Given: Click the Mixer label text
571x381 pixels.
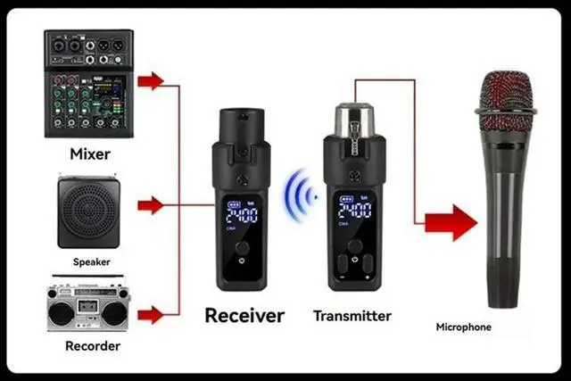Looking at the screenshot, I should pyautogui.click(x=90, y=153).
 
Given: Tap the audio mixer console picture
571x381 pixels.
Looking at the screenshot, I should pyautogui.click(x=88, y=83).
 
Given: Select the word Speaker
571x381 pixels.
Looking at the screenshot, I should pyautogui.click(x=92, y=263).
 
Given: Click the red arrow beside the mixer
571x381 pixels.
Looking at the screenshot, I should pyautogui.click(x=152, y=81).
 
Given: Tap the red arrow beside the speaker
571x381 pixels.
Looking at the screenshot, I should pyautogui.click(x=152, y=206).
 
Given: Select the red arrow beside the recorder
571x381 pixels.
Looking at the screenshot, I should pyautogui.click(x=152, y=314).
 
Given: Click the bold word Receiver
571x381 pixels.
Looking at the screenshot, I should pyautogui.click(x=244, y=315).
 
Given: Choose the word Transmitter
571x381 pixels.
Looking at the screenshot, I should pyautogui.click(x=352, y=315).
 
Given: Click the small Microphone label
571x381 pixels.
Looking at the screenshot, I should pyautogui.click(x=463, y=327).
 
